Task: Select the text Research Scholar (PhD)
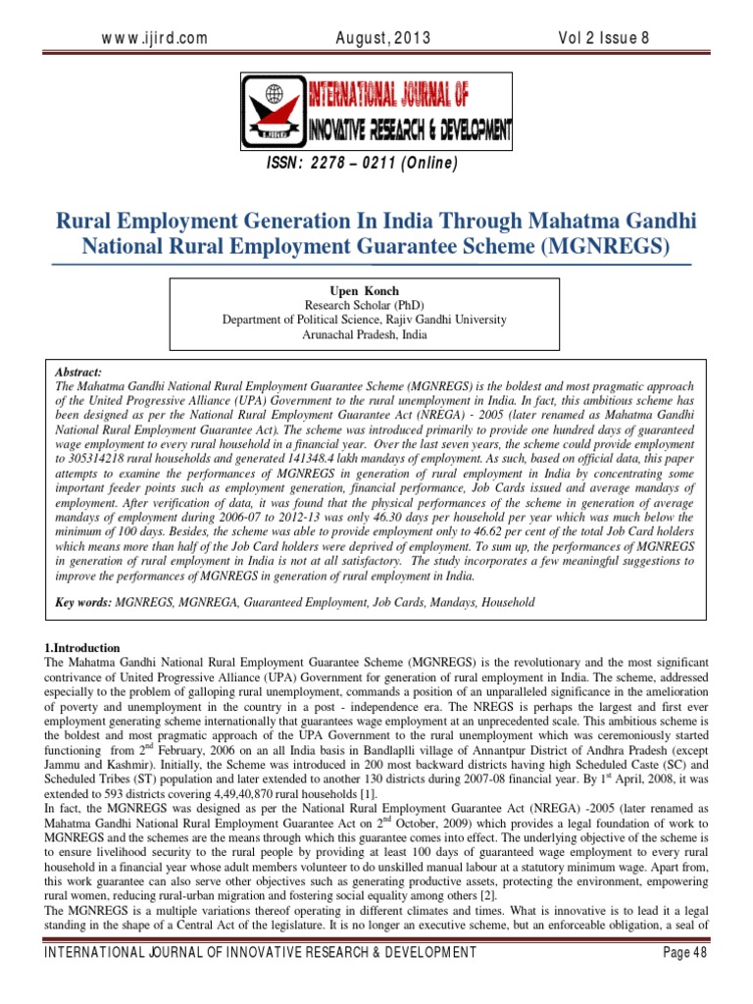point(365,306)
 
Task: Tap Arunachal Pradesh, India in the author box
point(365,333)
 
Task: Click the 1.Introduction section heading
point(82,648)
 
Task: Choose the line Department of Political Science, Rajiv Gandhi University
point(365,320)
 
